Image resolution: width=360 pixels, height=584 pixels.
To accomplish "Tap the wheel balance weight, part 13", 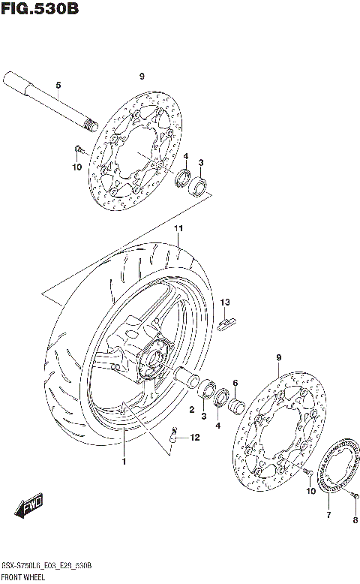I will (226, 322).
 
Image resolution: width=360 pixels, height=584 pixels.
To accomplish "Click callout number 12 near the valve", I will (194, 438).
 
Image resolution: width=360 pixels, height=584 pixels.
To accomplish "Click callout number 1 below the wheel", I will (124, 461).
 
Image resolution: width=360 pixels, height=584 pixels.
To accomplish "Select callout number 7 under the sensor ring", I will (328, 515).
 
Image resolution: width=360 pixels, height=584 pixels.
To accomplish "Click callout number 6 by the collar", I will (235, 382).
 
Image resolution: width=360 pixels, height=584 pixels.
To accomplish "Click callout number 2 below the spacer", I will (191, 410).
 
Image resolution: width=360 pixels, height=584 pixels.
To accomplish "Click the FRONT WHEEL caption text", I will (25, 578).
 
